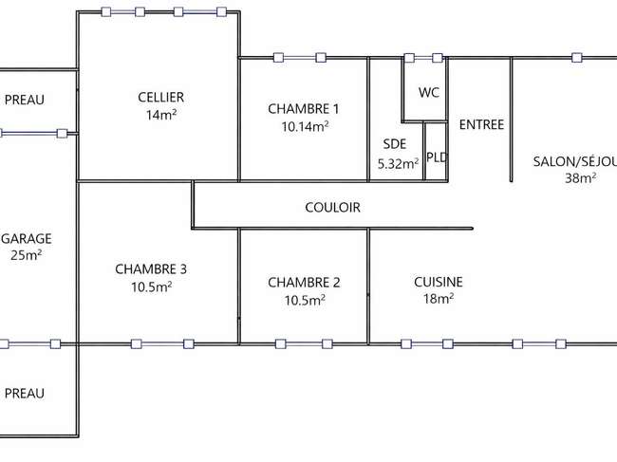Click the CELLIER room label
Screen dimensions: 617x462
pyautogui.click(x=161, y=97)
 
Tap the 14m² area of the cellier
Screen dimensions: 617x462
pyautogui.click(x=161, y=115)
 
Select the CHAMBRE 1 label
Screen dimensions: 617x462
pyautogui.click(x=304, y=109)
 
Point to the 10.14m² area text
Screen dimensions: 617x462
pyautogui.click(x=305, y=126)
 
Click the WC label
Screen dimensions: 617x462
pyautogui.click(x=429, y=92)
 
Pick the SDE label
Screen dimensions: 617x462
pyautogui.click(x=395, y=144)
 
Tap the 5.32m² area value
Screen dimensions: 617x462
pyautogui.click(x=399, y=163)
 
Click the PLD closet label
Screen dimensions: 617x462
pyautogui.click(x=437, y=157)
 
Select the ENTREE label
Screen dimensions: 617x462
pyautogui.click(x=481, y=124)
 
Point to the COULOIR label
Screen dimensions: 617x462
pyautogui.click(x=332, y=207)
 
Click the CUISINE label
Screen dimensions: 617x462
pyautogui.click(x=439, y=282)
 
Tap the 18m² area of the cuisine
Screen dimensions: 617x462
pyautogui.click(x=439, y=299)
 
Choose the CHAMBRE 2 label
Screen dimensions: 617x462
pyautogui.click(x=304, y=283)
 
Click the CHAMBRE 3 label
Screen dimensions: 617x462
pyautogui.click(x=151, y=268)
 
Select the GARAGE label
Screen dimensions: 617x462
pyautogui.click(x=27, y=239)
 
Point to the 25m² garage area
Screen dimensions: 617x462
pyautogui.click(x=27, y=255)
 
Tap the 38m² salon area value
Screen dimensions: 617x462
pyautogui.click(x=581, y=178)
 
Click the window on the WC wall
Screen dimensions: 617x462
pyautogui.click(x=423, y=58)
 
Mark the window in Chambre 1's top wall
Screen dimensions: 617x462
pyautogui.click(x=300, y=58)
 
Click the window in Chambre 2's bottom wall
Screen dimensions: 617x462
pyautogui.click(x=304, y=344)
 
